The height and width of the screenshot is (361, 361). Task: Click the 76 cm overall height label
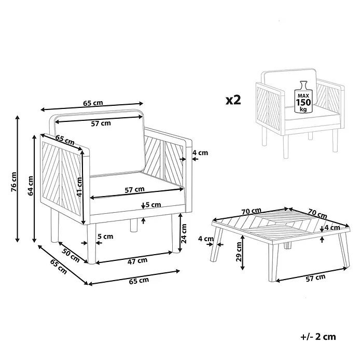pyautogui.click(x=15, y=182)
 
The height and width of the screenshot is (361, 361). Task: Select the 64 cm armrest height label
pyautogui.click(x=31, y=186)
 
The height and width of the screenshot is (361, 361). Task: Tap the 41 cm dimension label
pyautogui.click(x=79, y=187)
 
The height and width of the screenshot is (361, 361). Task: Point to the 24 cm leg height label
pyautogui.click(x=184, y=233)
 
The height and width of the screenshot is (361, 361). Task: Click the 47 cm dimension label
pyautogui.click(x=137, y=261)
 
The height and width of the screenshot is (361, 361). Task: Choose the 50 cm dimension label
pyautogui.click(x=71, y=255)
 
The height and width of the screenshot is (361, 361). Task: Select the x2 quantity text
pyautogui.click(x=233, y=100)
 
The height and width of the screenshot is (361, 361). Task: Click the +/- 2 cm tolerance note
pyautogui.click(x=318, y=337)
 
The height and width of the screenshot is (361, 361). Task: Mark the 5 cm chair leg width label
pyautogui.click(x=105, y=237)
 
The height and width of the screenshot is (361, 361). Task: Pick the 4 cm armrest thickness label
pyautogui.click(x=200, y=152)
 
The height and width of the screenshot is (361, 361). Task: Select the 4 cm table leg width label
pyautogui.click(x=206, y=239)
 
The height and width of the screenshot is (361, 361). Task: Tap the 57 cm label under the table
pyautogui.click(x=316, y=278)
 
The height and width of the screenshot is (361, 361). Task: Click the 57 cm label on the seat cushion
pyautogui.click(x=135, y=190)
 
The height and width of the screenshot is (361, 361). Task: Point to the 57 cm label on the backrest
pyautogui.click(x=101, y=123)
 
